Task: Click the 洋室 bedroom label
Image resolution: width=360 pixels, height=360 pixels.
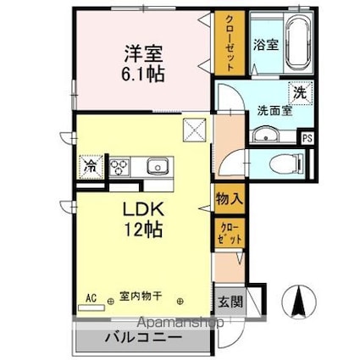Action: coord(143,53)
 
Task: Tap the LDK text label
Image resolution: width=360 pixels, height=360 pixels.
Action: coord(142,209)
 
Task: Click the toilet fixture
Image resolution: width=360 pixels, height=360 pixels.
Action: coord(285,163)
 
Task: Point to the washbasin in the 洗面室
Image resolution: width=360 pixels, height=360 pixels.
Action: coord(265,134)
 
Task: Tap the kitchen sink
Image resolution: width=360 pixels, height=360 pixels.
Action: coord(158,166)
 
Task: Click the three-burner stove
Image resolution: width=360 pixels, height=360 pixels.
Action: coord(119,167)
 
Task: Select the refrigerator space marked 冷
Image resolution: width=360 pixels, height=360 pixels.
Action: coord(91,167)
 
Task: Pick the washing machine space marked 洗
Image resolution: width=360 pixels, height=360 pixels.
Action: coord(301,93)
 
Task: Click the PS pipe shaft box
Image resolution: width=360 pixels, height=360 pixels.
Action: coord(307,138)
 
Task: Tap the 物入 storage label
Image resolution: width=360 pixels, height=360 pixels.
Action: coord(230,199)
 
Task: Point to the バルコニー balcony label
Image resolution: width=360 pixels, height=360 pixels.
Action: coord(143,337)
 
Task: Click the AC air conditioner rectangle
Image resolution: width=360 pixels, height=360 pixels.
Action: coord(91,307)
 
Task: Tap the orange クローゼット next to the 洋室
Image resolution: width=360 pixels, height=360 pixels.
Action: coord(230,43)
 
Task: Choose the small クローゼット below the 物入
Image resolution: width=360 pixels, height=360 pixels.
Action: coord(230,233)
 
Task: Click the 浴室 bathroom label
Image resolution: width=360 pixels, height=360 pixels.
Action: coord(266,44)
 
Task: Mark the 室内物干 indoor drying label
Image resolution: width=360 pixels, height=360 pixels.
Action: coord(141,296)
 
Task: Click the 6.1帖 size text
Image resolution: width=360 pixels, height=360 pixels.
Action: coord(143,74)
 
